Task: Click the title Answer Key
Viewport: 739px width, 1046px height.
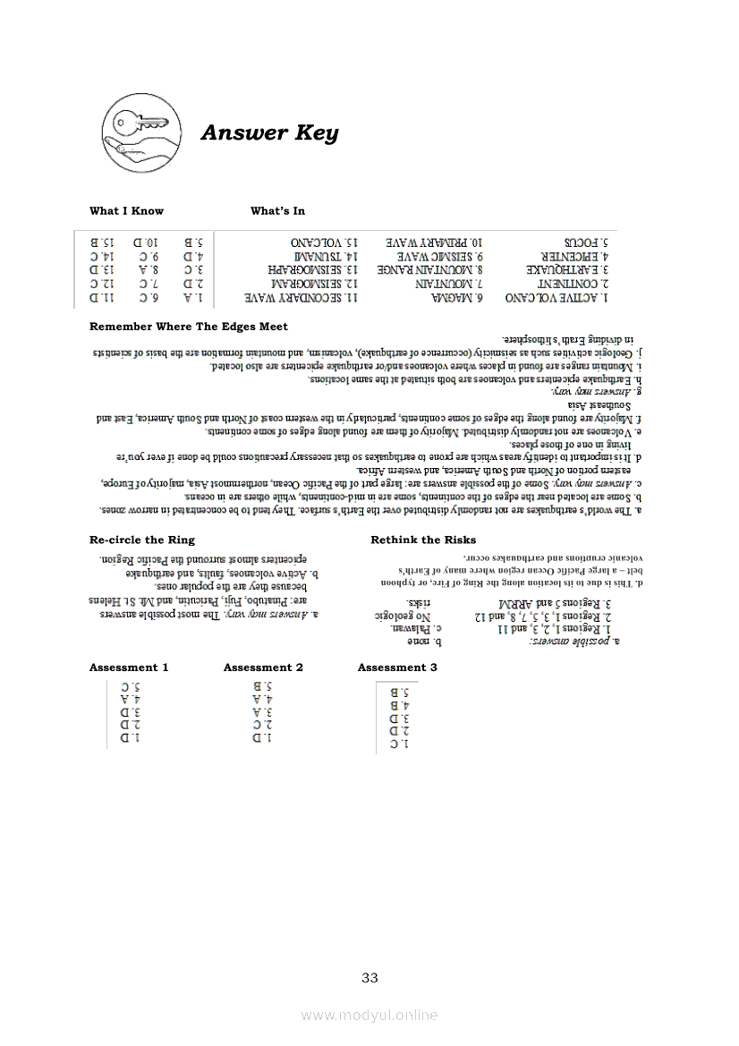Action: click(269, 133)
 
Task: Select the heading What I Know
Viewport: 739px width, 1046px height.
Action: click(126, 211)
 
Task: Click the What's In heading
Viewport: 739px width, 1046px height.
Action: click(277, 211)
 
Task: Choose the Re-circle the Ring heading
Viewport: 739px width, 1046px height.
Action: click(141, 540)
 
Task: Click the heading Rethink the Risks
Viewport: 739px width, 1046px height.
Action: click(423, 540)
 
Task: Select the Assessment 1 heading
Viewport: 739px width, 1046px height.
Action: click(129, 668)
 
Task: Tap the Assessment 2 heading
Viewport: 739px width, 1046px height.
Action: click(263, 668)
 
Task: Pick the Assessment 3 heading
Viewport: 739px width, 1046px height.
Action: click(397, 668)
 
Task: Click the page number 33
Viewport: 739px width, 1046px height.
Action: click(369, 977)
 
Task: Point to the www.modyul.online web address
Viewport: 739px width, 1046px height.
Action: click(369, 1015)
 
